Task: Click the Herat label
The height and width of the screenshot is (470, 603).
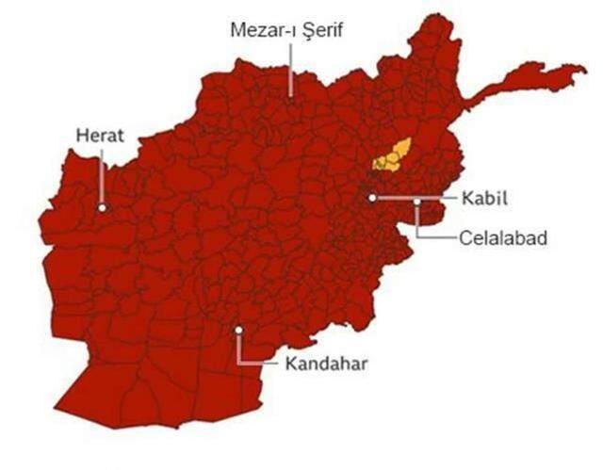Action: click(99, 136)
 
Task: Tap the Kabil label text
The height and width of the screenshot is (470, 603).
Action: click(485, 199)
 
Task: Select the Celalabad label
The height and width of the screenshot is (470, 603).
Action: click(503, 237)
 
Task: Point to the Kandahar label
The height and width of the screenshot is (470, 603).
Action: click(323, 363)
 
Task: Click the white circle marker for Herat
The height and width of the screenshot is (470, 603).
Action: click(101, 207)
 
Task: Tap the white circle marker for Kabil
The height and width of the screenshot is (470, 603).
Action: click(372, 198)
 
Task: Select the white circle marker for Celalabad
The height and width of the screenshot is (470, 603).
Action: click(417, 201)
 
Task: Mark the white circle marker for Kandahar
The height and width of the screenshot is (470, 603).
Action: click(239, 330)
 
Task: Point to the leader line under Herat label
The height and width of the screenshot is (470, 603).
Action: click(100, 174)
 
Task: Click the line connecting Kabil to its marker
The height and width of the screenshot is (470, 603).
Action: click(415, 198)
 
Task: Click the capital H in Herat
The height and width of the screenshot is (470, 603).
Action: click(81, 136)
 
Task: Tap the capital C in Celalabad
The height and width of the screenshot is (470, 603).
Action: click(466, 237)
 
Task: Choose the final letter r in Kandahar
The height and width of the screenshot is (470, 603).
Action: click(363, 363)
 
